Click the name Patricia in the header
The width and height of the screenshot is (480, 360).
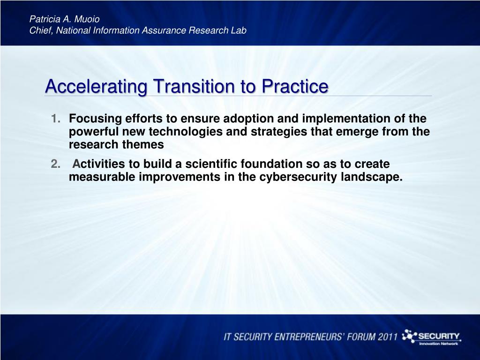45,19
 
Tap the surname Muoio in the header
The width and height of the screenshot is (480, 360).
87,19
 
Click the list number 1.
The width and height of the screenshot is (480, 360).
55,119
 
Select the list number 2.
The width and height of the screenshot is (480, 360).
55,164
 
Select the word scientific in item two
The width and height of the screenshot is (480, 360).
211,164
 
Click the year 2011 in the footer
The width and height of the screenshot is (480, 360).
387,337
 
